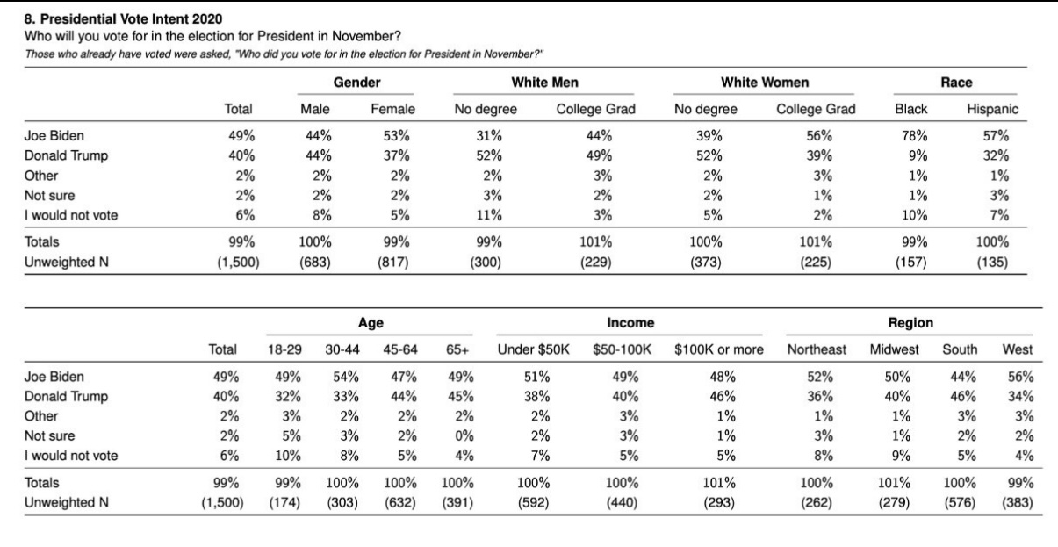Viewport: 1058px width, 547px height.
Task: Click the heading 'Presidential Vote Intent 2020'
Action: point(131,19)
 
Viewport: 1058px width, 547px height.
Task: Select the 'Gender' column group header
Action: point(356,83)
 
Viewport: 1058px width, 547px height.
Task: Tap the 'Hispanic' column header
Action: point(992,109)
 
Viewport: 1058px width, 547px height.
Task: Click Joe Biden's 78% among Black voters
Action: point(914,136)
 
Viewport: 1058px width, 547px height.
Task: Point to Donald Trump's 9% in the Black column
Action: point(918,155)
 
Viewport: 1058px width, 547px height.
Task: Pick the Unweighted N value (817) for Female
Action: point(393,263)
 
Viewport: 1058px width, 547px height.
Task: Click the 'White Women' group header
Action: point(765,83)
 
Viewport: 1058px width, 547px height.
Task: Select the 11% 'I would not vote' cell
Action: point(489,215)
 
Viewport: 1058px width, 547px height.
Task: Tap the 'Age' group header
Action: point(371,322)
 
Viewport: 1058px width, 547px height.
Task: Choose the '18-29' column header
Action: point(284,349)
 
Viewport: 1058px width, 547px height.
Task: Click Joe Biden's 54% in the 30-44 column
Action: point(346,377)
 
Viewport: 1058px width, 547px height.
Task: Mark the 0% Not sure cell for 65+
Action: point(464,435)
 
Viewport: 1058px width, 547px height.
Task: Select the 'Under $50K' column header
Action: point(533,349)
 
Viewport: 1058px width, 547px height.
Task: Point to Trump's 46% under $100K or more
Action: point(723,396)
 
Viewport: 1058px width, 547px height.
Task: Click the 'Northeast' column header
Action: point(817,349)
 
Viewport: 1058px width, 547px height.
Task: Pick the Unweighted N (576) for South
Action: point(960,502)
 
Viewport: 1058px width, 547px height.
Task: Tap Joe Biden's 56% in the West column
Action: point(1021,377)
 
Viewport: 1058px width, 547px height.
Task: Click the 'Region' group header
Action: point(910,322)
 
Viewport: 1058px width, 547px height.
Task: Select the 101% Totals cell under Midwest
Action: point(894,483)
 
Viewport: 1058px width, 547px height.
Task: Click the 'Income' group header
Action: point(630,322)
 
